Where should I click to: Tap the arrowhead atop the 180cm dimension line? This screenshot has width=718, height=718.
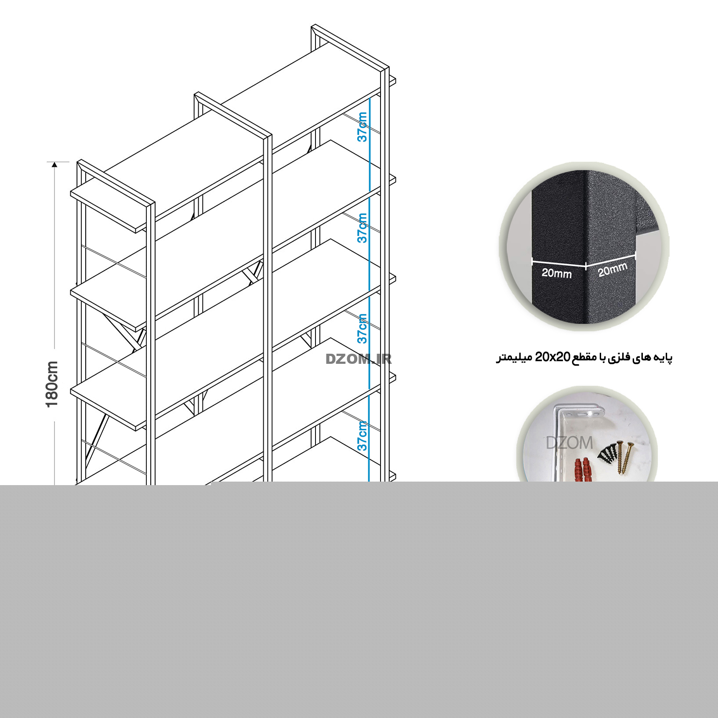pos(54,165)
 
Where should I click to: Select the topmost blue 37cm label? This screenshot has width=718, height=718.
pos(362,127)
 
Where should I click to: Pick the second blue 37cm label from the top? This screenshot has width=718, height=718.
pos(362,228)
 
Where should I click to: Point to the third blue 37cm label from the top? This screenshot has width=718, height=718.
pos(362,329)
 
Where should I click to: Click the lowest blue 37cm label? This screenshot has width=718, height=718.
pos(362,436)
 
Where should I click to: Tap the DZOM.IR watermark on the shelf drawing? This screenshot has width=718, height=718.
pos(359,359)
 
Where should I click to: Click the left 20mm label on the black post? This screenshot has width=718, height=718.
pos(556,273)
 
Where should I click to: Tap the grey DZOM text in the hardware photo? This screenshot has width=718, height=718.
pos(569,443)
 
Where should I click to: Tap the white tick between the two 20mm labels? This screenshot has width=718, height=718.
pos(586,266)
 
